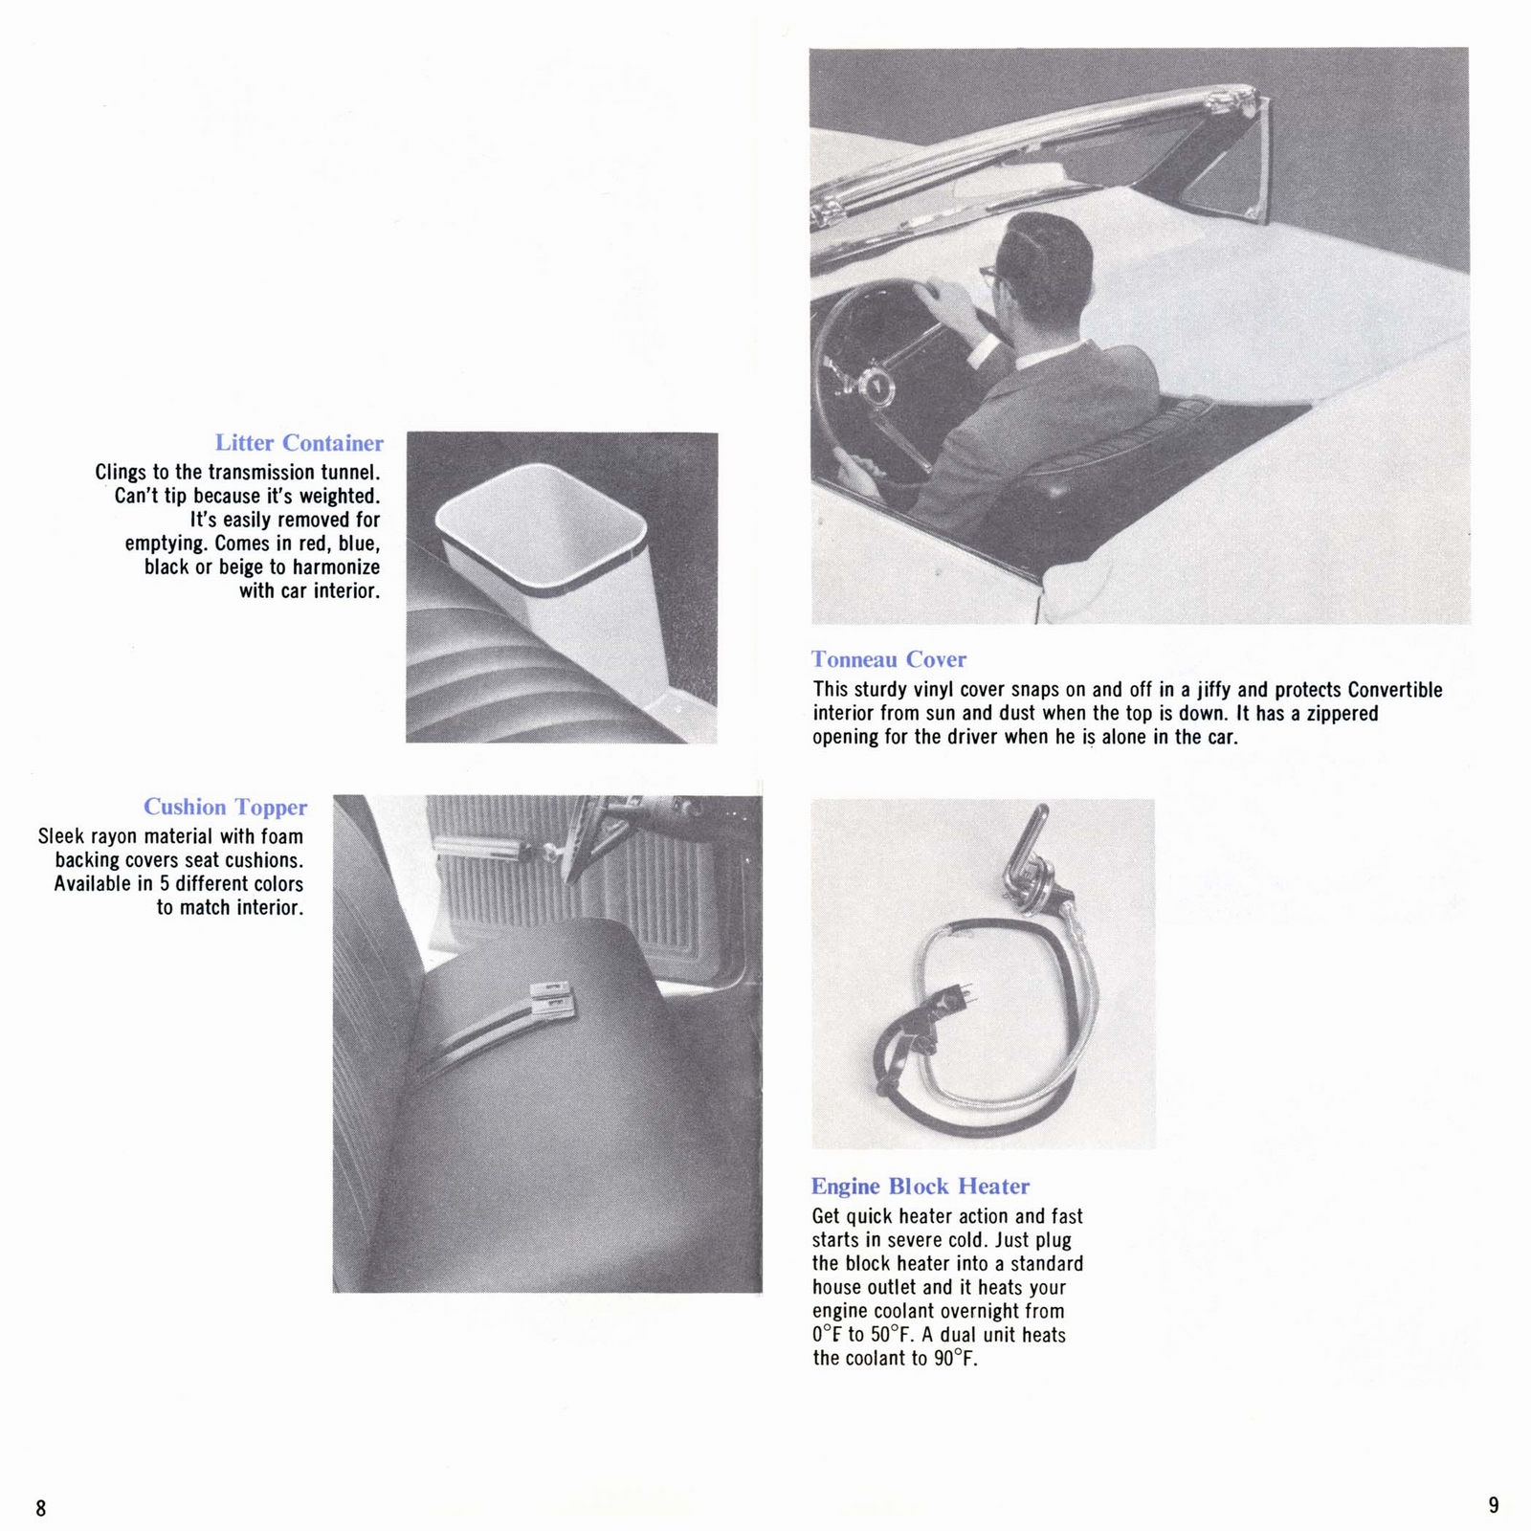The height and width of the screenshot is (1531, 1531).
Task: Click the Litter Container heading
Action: tap(299, 443)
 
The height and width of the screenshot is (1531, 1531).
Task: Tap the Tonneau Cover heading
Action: tap(888, 659)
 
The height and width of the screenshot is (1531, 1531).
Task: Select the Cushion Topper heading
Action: tap(225, 807)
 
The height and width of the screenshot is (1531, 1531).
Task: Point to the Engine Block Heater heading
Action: tap(920, 1187)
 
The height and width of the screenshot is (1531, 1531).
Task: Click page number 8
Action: tap(41, 1508)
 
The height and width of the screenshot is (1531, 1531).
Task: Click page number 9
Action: tap(1494, 1505)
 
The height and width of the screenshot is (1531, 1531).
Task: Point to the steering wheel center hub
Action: tap(873, 388)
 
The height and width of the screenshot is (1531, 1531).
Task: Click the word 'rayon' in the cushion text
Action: tap(114, 837)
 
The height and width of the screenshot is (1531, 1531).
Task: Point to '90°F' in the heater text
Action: tap(953, 1359)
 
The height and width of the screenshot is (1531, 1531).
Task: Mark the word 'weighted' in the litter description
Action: tap(339, 497)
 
